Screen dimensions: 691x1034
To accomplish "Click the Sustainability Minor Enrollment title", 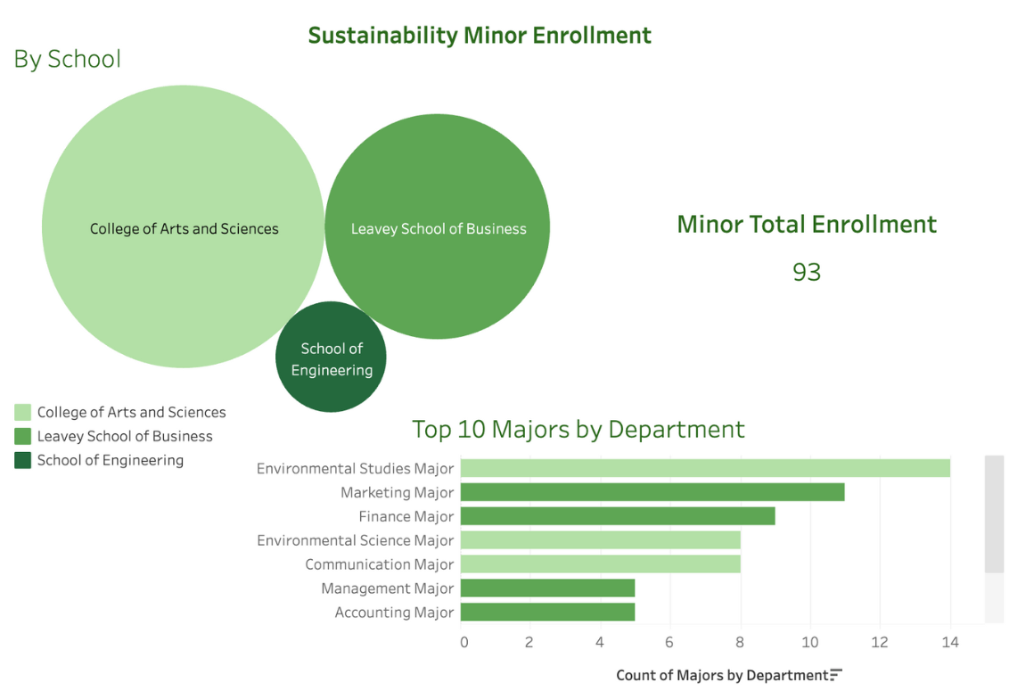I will (x=480, y=36).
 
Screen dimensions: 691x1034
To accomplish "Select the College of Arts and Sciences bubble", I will (x=183, y=226).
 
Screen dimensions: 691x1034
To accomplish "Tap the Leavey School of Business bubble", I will (x=437, y=226).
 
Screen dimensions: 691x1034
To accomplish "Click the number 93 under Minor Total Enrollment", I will (x=806, y=272).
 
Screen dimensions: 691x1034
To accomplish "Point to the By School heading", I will (x=67, y=59).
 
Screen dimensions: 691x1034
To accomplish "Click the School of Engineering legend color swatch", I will (x=22, y=461).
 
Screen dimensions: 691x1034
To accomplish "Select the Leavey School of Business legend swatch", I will (x=22, y=437).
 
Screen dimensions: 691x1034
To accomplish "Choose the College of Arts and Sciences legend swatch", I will (x=22, y=413).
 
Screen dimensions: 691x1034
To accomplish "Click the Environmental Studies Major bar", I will (x=704, y=468).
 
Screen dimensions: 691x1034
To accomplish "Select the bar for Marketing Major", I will (x=652, y=492).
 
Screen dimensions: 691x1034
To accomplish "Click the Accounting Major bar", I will (x=547, y=613).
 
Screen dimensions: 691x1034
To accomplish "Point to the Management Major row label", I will (x=387, y=588).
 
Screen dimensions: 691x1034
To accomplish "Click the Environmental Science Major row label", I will (x=355, y=540).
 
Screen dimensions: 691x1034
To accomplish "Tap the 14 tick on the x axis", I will (x=949, y=642).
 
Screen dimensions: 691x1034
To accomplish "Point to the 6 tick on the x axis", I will (x=669, y=642).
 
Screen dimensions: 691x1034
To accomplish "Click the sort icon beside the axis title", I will (x=835, y=675).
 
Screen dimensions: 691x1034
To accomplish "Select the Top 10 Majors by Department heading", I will (x=578, y=429).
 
